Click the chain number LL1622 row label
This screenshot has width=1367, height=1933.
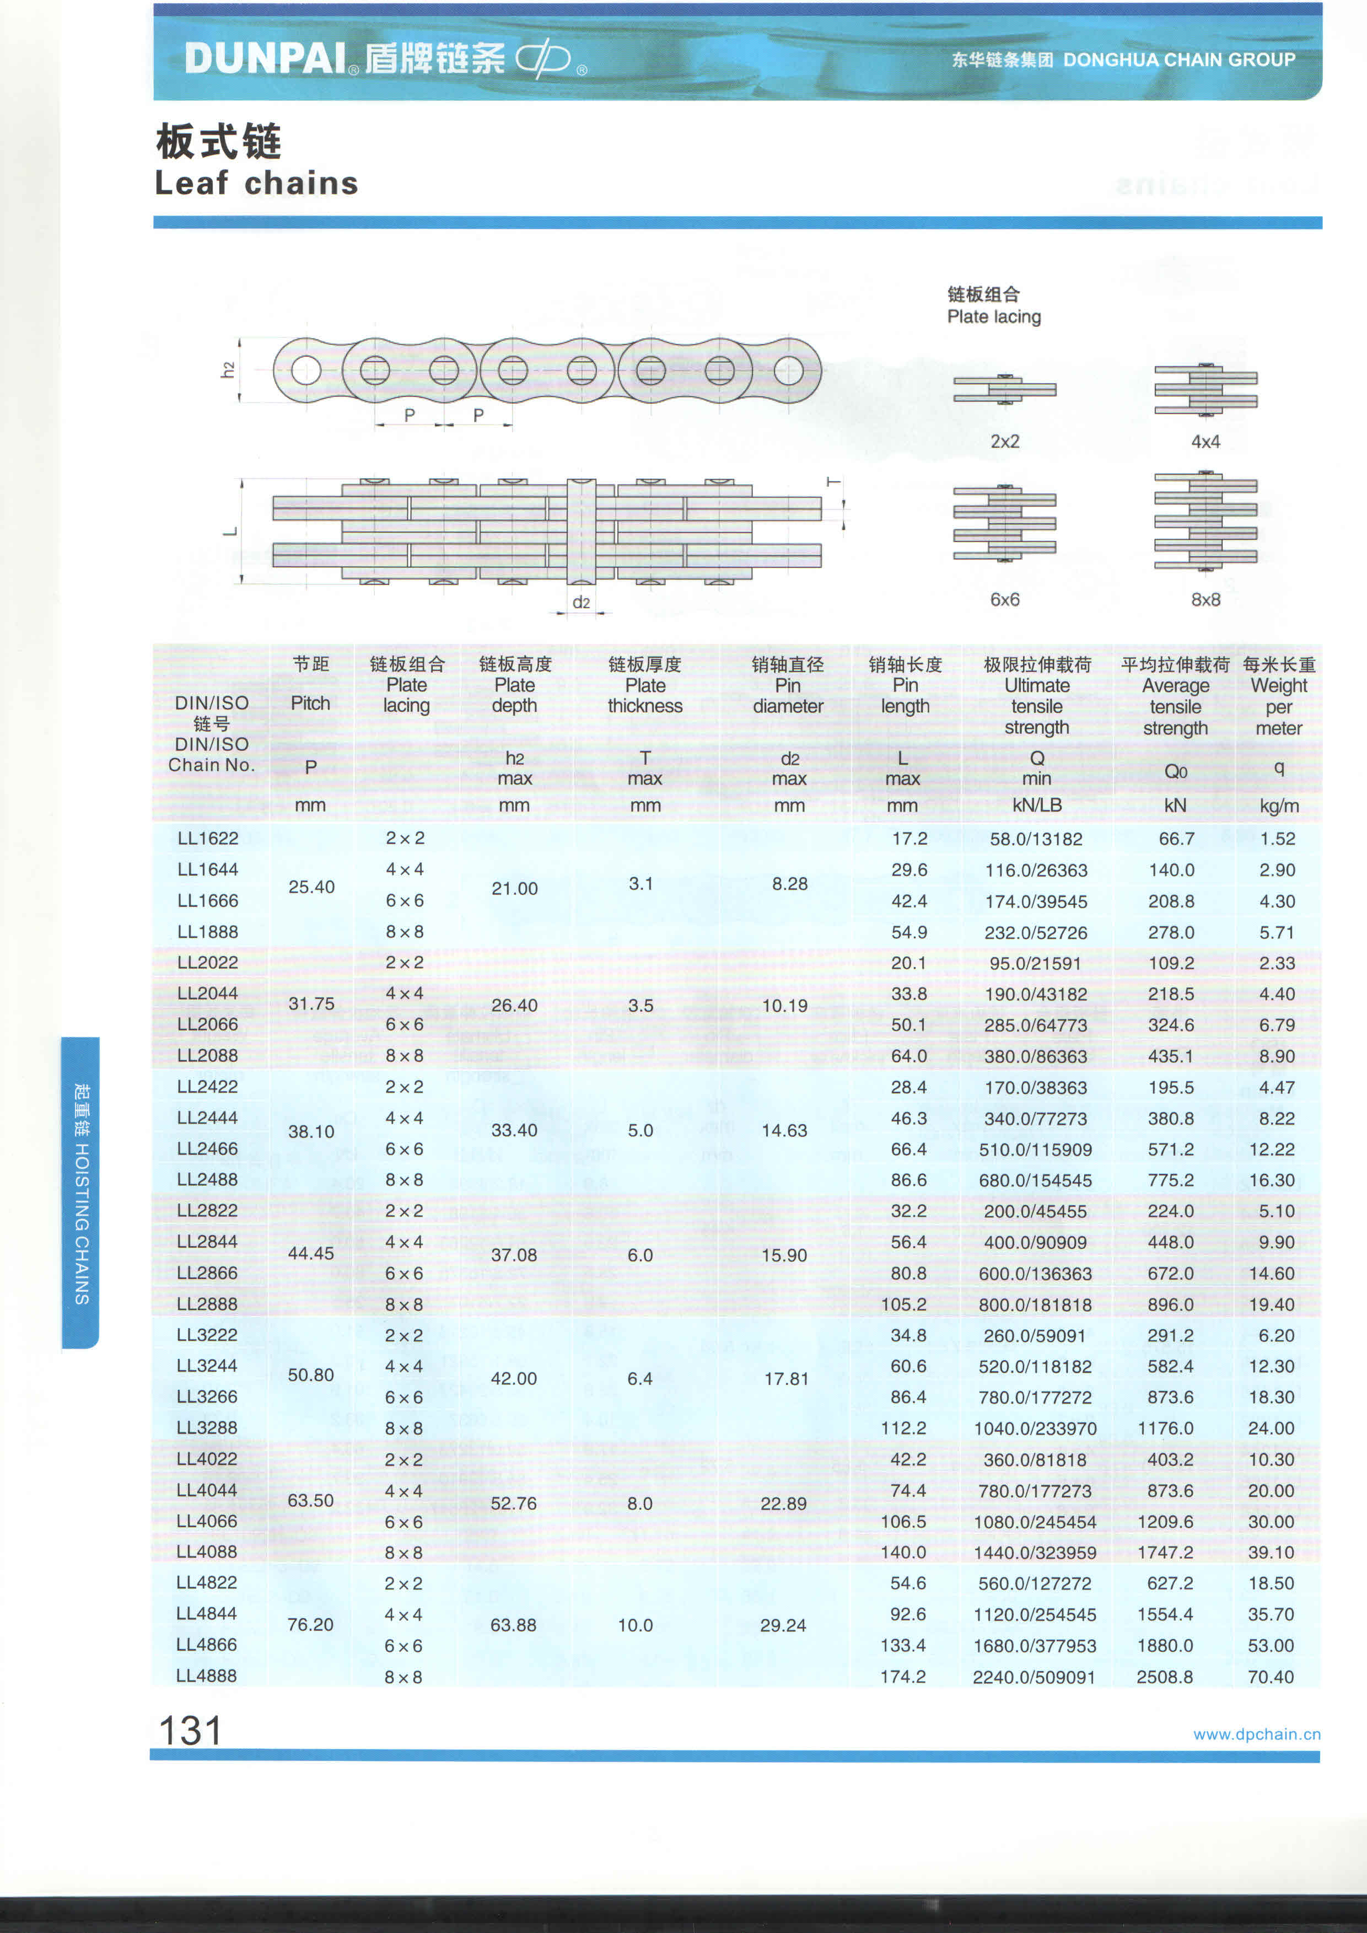(208, 839)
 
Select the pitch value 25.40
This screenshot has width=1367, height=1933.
(311, 887)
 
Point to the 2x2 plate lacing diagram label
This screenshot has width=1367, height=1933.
(1005, 441)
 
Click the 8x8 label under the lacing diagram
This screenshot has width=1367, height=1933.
(1205, 599)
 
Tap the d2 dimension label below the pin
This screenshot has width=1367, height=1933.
(581, 602)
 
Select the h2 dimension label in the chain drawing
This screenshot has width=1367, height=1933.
(227, 371)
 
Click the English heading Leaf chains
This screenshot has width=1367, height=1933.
(257, 182)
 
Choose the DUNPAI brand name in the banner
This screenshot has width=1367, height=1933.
(265, 58)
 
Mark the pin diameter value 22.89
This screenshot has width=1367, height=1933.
(784, 1503)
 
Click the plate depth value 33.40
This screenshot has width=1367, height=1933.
(514, 1130)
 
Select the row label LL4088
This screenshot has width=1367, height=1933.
(207, 1551)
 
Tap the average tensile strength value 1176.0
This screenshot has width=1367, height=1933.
(1171, 1428)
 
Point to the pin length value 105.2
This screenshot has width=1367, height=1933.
(903, 1304)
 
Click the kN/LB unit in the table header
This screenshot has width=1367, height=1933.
(1037, 805)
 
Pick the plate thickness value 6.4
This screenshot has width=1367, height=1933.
(640, 1378)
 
